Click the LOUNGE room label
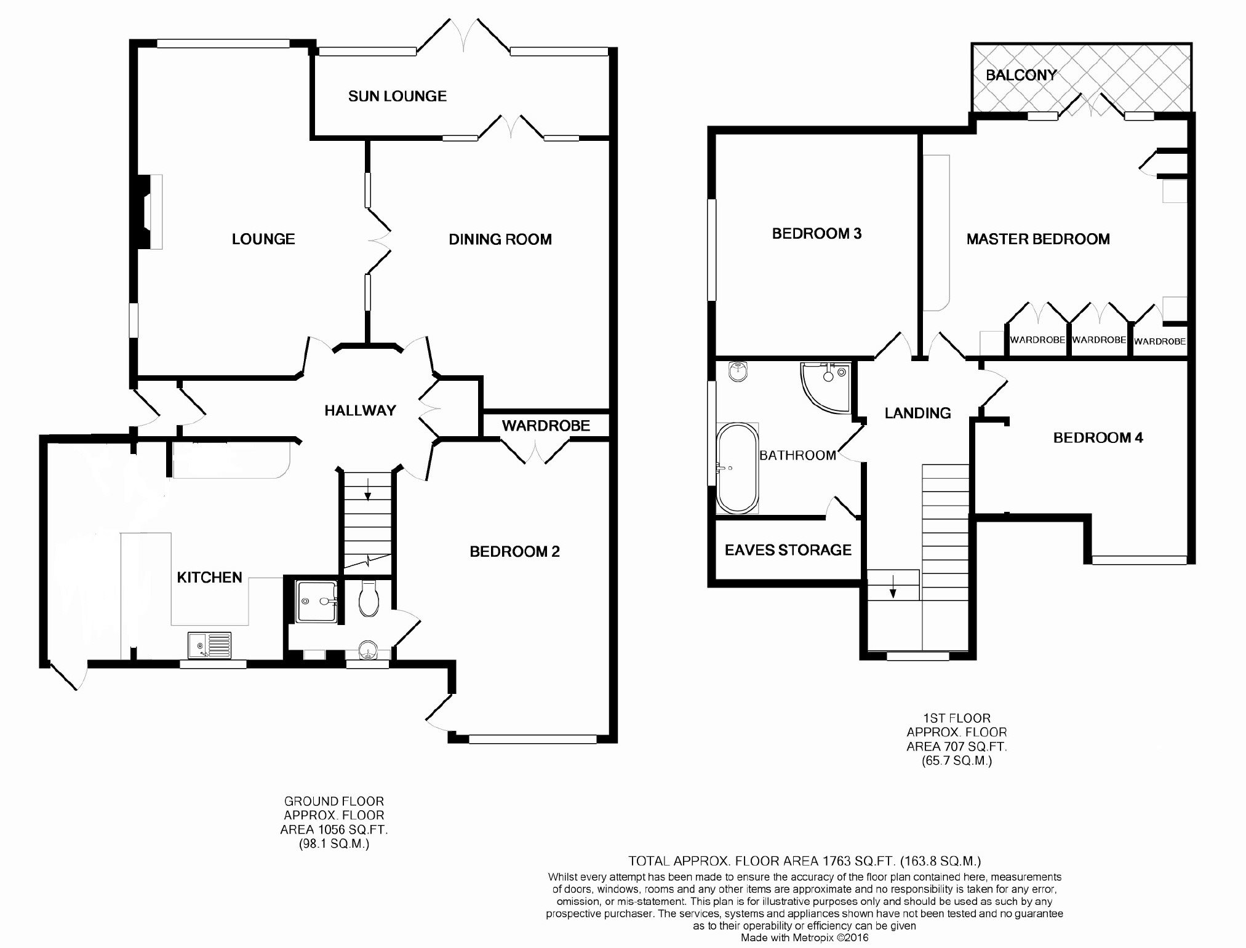(x=263, y=239)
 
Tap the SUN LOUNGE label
(x=397, y=96)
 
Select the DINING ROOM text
(x=500, y=239)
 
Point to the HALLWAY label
(x=360, y=410)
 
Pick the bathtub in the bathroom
(x=737, y=468)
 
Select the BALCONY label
(x=1021, y=75)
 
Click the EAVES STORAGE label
(x=788, y=550)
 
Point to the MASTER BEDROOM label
(x=1038, y=239)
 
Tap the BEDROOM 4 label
(x=1098, y=437)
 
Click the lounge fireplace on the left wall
(x=148, y=212)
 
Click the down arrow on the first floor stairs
(x=892, y=590)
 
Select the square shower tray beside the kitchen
(x=316, y=602)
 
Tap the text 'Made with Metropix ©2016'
(x=805, y=938)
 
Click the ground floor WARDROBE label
(x=546, y=425)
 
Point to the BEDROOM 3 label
(x=817, y=233)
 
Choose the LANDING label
(x=917, y=413)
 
